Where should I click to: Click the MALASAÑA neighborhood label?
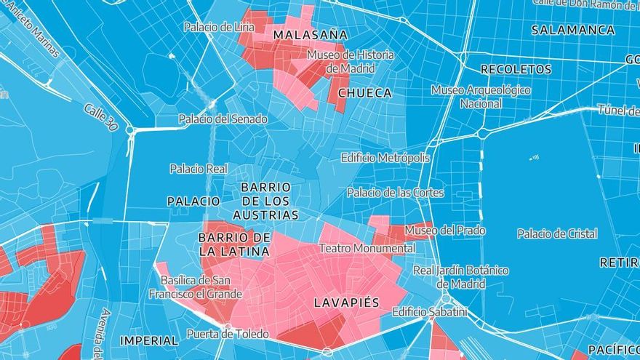tap(310, 35)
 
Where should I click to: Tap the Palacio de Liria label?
tap(219, 27)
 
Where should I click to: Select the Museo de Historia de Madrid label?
tap(351, 61)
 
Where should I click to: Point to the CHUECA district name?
tap(365, 93)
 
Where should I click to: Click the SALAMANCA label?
tap(573, 31)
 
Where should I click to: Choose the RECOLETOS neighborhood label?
tap(516, 70)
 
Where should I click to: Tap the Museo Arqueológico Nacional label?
tap(481, 97)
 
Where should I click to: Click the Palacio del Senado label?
tap(223, 119)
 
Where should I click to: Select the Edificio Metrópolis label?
tap(385, 158)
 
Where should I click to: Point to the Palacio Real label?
tap(199, 169)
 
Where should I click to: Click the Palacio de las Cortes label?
tap(395, 193)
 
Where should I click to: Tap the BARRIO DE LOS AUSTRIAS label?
tap(265, 201)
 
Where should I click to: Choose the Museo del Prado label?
tap(445, 231)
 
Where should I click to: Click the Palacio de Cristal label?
tap(557, 233)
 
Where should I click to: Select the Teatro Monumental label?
tap(367, 248)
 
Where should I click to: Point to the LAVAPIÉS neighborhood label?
tap(346, 302)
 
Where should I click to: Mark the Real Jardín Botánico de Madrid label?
tap(460, 277)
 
